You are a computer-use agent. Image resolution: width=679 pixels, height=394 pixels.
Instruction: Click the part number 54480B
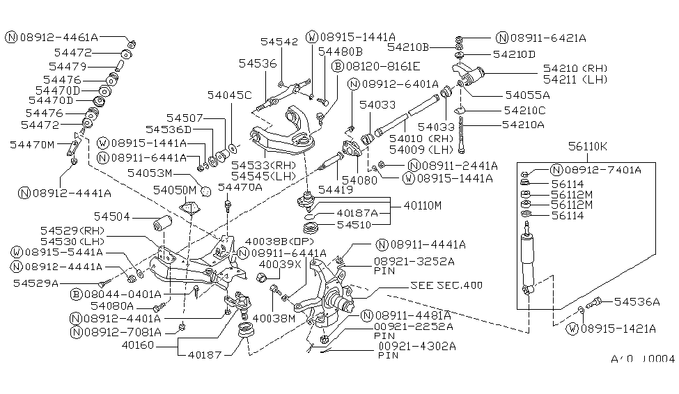pyautogui.click(x=341, y=52)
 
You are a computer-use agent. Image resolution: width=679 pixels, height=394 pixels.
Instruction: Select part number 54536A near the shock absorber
pyautogui.click(x=635, y=301)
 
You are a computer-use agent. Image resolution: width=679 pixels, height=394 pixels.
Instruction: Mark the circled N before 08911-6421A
pyautogui.click(x=501, y=38)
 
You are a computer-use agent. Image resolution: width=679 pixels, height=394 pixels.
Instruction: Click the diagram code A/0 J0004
pyautogui.click(x=642, y=359)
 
